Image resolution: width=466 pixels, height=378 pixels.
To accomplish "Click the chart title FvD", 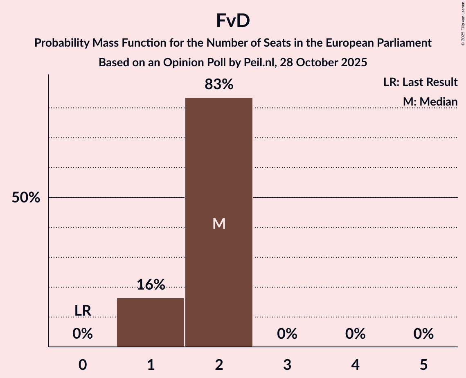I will coord(233,21).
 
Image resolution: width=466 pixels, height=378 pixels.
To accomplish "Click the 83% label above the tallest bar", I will coord(219,85).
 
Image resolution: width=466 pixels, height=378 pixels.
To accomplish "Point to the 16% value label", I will coord(151,285).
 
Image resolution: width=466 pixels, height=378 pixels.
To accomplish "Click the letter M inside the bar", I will coord(219,223).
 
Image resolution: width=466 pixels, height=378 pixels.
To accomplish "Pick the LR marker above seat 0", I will coord(83,311).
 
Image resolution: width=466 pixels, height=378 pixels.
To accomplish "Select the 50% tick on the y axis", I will coord(26,198).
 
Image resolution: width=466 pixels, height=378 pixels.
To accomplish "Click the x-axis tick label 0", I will coord(83,365).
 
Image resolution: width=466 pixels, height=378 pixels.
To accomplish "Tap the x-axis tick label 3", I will coord(287,365).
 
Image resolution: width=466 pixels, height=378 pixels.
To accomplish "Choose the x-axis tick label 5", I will coord(423,365).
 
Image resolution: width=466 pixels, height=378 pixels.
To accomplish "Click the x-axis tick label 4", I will coord(355,365).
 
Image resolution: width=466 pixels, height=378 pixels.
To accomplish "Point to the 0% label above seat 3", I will coord(287,334).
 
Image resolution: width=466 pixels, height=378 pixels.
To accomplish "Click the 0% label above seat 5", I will coord(423,334).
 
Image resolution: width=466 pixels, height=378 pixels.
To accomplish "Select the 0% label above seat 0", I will coord(83,334).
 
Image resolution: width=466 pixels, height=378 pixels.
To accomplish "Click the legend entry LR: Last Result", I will coord(420,82).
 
